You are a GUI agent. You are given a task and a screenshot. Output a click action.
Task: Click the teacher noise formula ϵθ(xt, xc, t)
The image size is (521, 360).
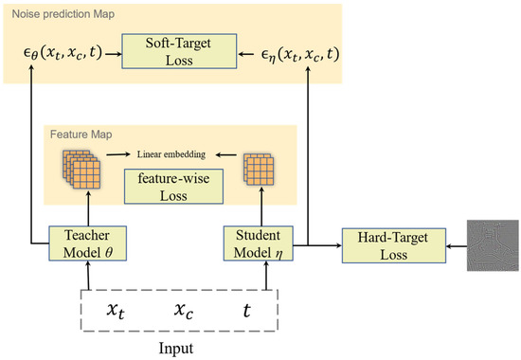63,54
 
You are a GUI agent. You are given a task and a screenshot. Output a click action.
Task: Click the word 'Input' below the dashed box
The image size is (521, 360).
176,347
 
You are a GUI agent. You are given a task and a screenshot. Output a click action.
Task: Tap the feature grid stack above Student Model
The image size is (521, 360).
259,169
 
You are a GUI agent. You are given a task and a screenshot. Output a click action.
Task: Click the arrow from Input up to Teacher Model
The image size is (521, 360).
87,276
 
